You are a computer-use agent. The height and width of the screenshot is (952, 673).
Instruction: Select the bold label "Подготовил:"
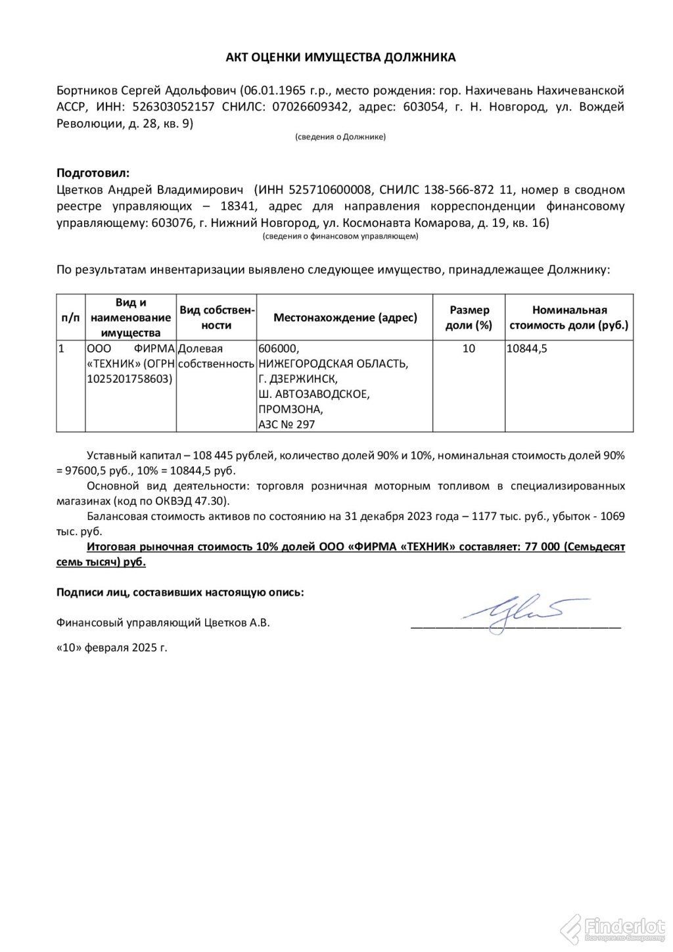[x=93, y=174]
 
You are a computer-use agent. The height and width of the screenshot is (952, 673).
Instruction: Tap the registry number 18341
[x=234, y=206]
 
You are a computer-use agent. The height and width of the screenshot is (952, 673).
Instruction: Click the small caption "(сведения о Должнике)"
[x=340, y=137]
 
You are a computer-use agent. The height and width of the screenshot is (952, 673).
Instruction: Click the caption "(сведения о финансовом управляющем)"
[x=340, y=235]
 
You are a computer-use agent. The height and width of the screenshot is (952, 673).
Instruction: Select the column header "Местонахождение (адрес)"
[x=345, y=318]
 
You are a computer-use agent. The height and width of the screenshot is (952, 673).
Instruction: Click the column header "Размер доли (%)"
[x=469, y=317]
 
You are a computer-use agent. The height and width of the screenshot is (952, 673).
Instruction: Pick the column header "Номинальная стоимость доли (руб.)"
[x=569, y=317]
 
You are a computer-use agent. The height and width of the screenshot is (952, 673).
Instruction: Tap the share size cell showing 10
[x=469, y=349]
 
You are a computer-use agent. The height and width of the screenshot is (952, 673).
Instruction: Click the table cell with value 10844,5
[x=526, y=349]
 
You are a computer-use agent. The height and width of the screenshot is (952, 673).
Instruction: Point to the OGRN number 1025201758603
[x=129, y=379]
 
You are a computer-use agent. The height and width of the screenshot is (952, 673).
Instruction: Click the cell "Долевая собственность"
[x=216, y=356]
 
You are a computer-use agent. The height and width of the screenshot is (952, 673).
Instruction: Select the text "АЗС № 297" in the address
[x=287, y=425]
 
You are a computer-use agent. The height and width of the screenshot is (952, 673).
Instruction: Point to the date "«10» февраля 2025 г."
[x=112, y=648]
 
